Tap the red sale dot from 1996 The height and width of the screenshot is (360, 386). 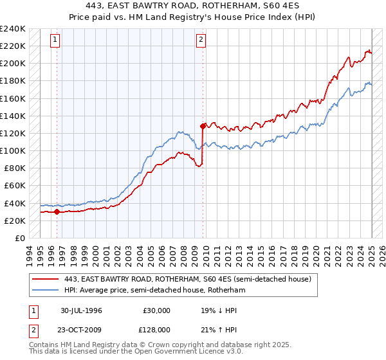point(57,212)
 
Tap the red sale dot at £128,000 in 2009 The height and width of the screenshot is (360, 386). point(203,126)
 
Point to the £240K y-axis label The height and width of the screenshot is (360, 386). point(13,29)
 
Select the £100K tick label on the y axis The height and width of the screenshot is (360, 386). point(13,150)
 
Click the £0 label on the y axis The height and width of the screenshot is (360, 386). point(21,238)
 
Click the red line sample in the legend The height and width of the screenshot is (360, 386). point(46,279)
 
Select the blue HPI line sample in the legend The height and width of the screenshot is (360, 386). point(46,291)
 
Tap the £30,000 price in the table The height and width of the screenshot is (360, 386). point(157,310)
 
